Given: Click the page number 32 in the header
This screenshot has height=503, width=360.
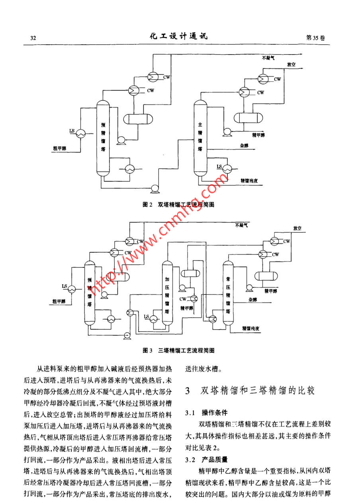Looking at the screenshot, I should [33, 38].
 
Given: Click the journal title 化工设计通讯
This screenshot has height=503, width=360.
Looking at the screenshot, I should [178, 37].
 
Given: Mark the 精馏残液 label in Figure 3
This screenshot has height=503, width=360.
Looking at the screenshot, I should [251, 328].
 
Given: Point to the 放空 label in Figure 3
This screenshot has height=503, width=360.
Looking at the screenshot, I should [297, 228].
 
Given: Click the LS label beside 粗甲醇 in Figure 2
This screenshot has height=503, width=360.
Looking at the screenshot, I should [72, 130].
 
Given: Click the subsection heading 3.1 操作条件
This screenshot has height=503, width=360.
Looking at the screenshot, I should [206, 412].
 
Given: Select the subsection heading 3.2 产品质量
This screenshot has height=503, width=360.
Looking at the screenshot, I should [206, 460].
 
